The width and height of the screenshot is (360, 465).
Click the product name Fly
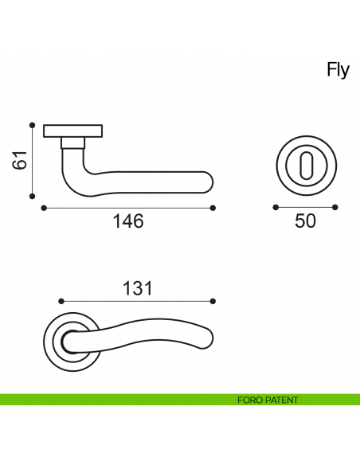coord(338,70)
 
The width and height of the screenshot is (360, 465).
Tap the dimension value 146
coord(127,221)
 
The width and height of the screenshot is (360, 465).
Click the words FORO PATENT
coord(268,400)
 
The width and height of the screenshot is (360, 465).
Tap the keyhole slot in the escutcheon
coord(306,165)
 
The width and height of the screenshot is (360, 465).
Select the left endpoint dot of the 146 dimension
coord(41,208)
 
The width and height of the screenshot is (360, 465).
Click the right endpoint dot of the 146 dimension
coord(213,208)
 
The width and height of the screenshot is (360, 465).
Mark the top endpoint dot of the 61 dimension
coord(32,125)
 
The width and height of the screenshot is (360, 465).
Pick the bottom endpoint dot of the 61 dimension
coord(32,195)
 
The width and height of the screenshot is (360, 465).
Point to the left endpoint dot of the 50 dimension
coord(276,207)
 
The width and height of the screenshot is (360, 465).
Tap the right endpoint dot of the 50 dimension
coord(335,207)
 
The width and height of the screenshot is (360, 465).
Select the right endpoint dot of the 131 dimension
coord(213,301)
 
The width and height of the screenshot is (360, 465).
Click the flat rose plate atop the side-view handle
coord(73,130)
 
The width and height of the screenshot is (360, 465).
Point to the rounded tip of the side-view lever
coord(209,181)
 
